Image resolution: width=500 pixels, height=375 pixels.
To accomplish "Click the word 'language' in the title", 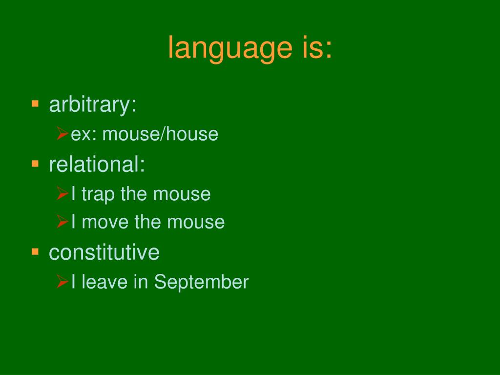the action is click(x=230, y=48).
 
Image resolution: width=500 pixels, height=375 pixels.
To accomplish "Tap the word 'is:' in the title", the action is click(x=317, y=47).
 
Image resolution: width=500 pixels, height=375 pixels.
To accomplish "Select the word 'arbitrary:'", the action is click(x=93, y=105).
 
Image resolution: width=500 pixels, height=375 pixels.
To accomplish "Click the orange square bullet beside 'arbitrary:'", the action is click(x=35, y=104).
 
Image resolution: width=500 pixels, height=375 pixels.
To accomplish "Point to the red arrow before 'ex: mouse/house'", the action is click(x=63, y=133).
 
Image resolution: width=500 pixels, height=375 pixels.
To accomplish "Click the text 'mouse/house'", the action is click(x=160, y=134).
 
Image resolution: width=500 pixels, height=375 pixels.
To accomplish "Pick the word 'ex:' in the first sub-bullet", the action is click(x=83, y=135).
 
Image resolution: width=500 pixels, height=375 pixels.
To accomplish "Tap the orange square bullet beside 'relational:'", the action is click(x=35, y=164).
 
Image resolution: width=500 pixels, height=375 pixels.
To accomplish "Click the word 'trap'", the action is click(x=98, y=194).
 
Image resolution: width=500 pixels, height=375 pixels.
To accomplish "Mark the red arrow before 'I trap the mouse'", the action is click(x=63, y=193).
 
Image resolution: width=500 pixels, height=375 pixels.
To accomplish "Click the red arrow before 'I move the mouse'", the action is click(x=63, y=222).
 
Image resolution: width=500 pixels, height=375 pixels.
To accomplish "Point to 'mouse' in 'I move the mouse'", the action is click(x=196, y=222).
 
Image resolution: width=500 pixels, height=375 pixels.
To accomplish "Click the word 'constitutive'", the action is click(x=104, y=252).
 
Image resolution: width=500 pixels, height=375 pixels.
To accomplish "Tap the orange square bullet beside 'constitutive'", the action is click(x=35, y=252).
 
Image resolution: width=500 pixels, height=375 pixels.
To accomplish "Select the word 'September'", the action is click(x=202, y=282).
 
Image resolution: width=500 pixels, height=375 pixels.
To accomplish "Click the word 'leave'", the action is click(x=104, y=282).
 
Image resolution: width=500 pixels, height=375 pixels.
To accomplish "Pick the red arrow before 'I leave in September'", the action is click(x=63, y=282).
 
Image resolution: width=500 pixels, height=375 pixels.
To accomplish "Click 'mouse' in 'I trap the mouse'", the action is click(x=182, y=194).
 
